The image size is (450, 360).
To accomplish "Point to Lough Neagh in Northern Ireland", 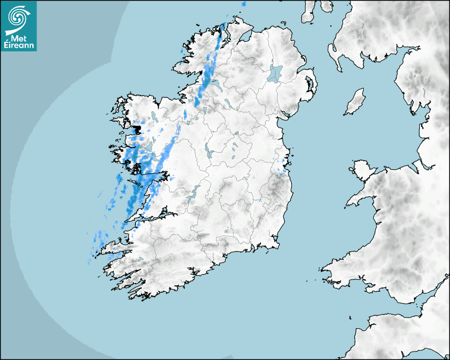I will (x=275, y=73).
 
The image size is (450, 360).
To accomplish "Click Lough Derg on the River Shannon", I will (x=192, y=194).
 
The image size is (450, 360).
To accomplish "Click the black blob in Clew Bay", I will (x=137, y=129).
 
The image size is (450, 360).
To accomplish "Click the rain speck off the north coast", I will (x=244, y=4).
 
